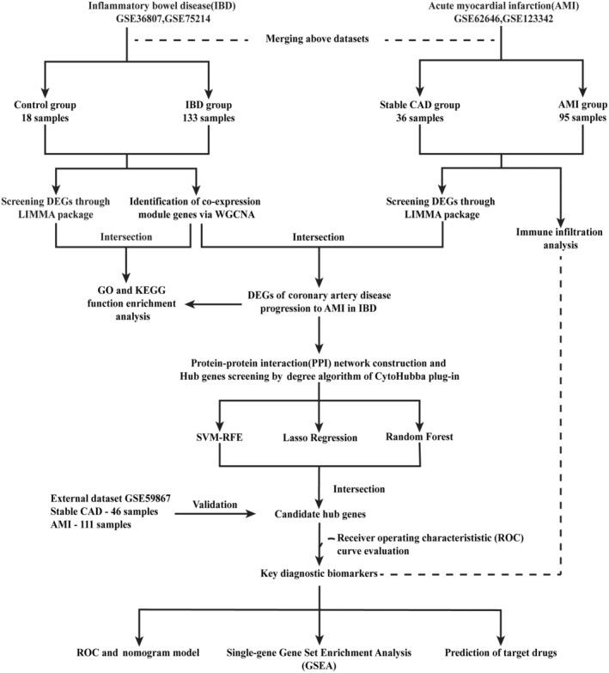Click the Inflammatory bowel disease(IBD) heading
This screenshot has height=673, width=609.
(x=127, y=8)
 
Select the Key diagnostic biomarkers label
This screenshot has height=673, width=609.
(x=320, y=572)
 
